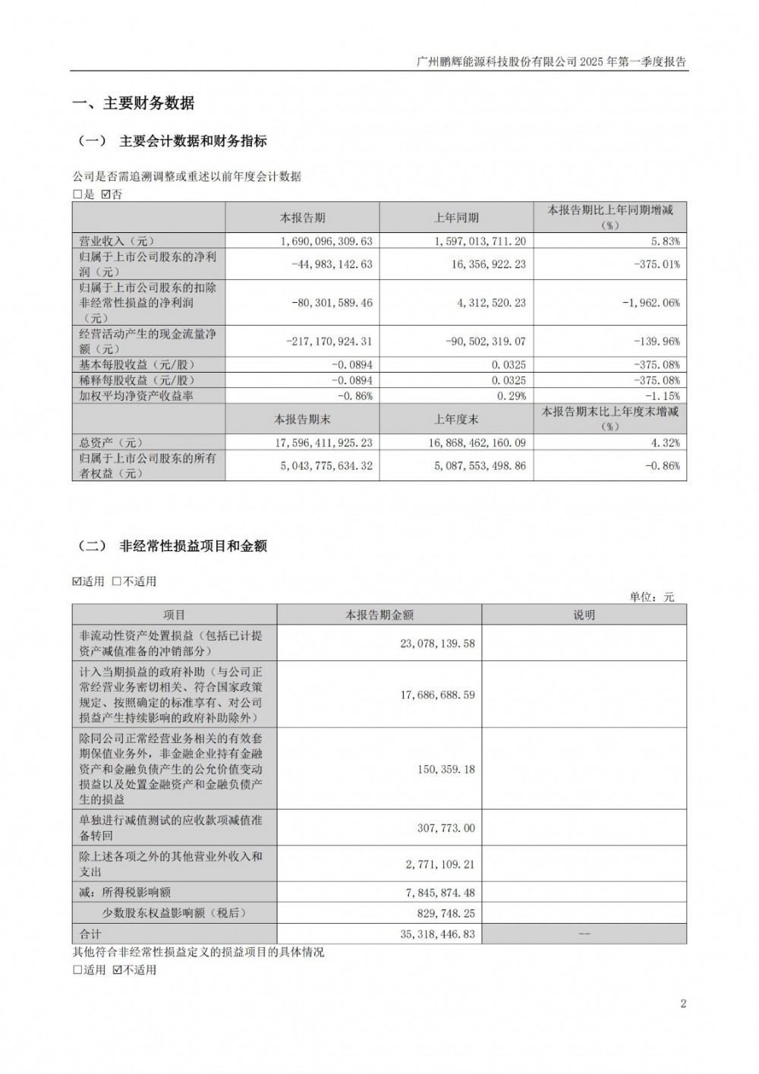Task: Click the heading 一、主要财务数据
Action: point(133,103)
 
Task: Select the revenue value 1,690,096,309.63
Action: point(332,241)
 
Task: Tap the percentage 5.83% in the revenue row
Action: point(665,241)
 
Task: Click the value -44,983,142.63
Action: point(332,265)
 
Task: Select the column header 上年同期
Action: point(456,218)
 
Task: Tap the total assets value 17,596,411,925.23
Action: point(329,443)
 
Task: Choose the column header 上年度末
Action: point(456,419)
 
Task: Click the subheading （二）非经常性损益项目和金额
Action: point(173,546)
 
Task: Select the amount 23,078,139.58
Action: point(437,644)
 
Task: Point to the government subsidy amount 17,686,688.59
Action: point(437,694)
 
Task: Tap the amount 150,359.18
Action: point(446,769)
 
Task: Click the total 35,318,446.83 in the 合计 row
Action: point(437,934)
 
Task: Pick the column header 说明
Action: point(584,616)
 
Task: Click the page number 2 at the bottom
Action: point(683,1004)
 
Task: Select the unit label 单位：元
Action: point(651,597)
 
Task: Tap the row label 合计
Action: point(90,934)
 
